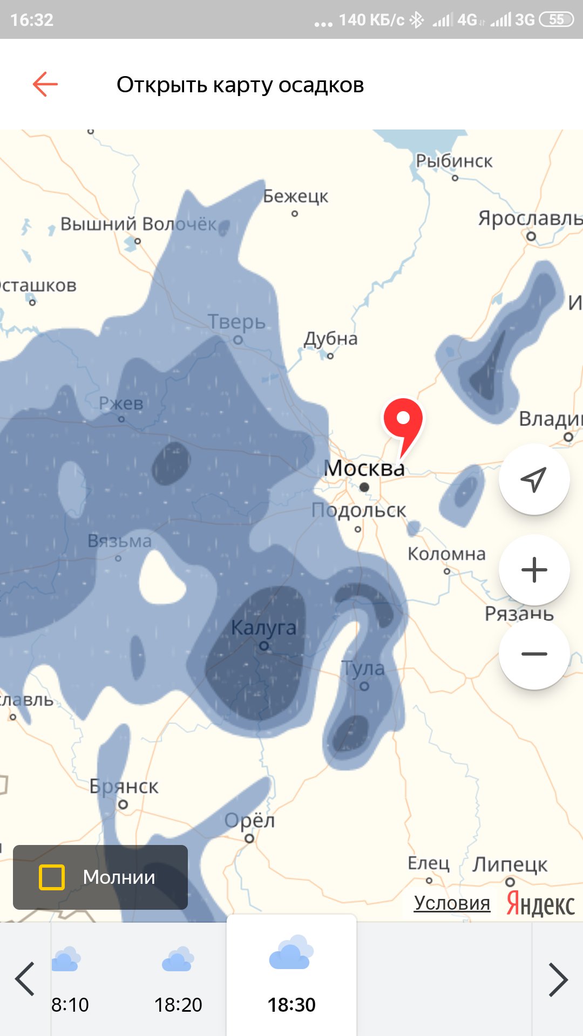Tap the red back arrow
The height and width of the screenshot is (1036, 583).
pyautogui.click(x=45, y=84)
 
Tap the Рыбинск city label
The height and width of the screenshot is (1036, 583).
pyautogui.click(x=453, y=161)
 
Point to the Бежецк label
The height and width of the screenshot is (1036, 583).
pyautogui.click(x=295, y=196)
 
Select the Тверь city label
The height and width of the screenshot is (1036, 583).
pyautogui.click(x=236, y=322)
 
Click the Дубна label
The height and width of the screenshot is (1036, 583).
pyautogui.click(x=330, y=339)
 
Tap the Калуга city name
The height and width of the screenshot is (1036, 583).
pyautogui.click(x=263, y=628)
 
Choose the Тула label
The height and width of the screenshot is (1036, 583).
pyautogui.click(x=363, y=669)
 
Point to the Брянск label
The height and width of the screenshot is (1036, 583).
pyautogui.click(x=124, y=787)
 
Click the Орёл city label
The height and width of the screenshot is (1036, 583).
pyautogui.click(x=249, y=821)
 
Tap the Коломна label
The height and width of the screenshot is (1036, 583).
pyautogui.click(x=446, y=554)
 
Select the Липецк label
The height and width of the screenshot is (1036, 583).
pyautogui.click(x=510, y=864)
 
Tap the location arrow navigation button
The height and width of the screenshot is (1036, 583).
pyautogui.click(x=534, y=479)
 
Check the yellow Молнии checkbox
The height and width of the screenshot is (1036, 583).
pyautogui.click(x=52, y=877)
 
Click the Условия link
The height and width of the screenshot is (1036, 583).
pyautogui.click(x=452, y=903)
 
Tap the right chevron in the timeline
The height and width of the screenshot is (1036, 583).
pyautogui.click(x=558, y=979)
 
